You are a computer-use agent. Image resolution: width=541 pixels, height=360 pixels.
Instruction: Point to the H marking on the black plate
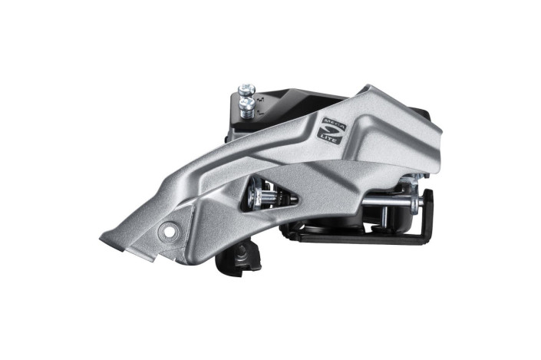point(259,98)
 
